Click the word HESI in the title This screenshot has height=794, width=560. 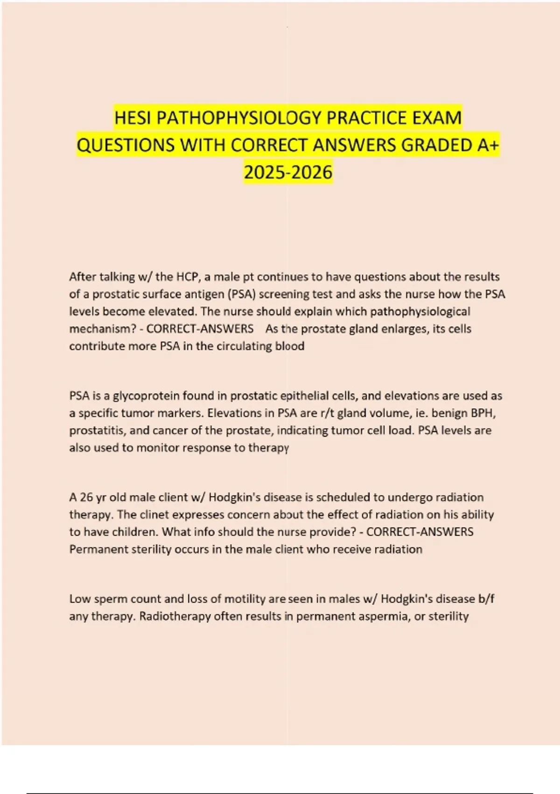click(x=133, y=118)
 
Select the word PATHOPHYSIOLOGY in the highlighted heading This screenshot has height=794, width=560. click(x=239, y=118)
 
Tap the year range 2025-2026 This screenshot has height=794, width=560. click(x=288, y=172)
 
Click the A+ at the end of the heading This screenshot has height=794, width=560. click(x=488, y=145)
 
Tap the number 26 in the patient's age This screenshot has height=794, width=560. click(x=86, y=497)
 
